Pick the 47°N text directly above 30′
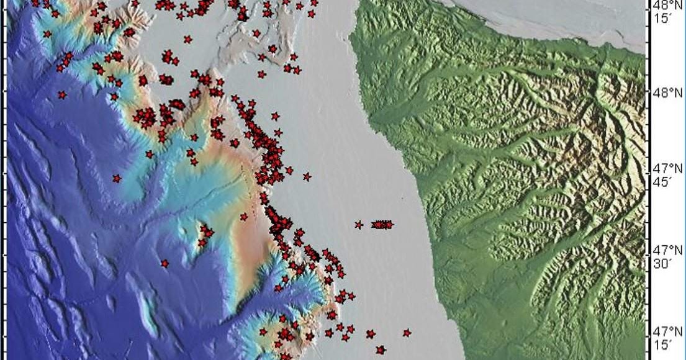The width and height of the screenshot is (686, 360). click(x=667, y=251)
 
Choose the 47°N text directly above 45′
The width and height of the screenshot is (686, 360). click(x=667, y=168)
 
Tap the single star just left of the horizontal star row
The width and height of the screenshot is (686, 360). click(x=359, y=225)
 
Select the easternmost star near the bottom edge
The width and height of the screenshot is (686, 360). click(x=407, y=333)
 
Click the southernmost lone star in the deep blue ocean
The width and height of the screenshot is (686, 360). click(x=165, y=264)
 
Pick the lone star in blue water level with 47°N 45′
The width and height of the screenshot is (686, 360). click(x=117, y=179)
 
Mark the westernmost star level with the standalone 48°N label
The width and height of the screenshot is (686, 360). click(x=62, y=95)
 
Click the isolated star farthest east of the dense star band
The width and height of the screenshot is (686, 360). click(x=307, y=177)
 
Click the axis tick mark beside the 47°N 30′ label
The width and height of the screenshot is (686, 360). click(x=647, y=254)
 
